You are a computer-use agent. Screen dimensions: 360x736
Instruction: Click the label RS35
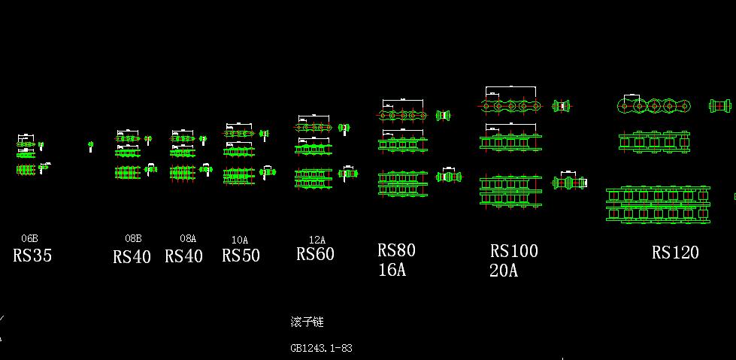click(32, 256)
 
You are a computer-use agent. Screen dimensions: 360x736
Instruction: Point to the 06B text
click(29, 239)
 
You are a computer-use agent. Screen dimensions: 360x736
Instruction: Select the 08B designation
click(133, 239)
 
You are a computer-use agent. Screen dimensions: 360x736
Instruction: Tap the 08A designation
click(187, 239)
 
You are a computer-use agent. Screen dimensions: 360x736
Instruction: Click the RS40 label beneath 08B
click(132, 257)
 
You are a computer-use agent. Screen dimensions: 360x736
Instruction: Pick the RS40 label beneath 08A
click(184, 256)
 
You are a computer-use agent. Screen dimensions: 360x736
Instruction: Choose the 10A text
click(239, 240)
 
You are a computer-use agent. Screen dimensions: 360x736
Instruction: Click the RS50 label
click(241, 256)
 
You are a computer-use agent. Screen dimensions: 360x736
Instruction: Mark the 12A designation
click(317, 240)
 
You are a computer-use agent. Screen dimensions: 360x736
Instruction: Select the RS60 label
click(316, 254)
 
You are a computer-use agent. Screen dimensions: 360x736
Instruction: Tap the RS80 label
click(396, 250)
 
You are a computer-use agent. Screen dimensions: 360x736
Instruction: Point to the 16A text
click(391, 270)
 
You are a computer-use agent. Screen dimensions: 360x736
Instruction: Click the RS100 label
click(514, 251)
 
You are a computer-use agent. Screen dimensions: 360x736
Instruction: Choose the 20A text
click(503, 271)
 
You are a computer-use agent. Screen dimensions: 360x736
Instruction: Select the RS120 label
click(675, 253)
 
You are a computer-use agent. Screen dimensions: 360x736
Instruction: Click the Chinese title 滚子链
click(307, 322)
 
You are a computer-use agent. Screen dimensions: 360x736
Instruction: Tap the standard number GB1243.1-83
click(321, 348)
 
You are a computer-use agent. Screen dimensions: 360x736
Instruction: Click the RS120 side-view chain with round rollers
click(653, 105)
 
